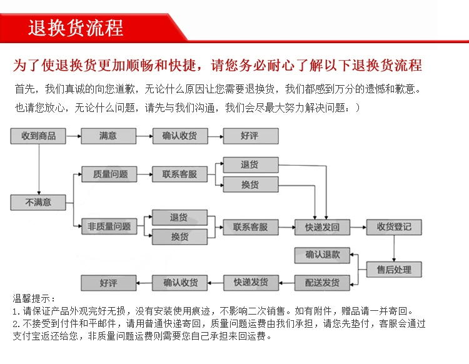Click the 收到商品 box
38,136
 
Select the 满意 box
108,136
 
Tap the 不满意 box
38,202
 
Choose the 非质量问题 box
109,226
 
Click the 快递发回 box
322,227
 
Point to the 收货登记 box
394,226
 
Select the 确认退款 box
323,255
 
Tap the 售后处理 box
394,270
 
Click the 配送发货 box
322,283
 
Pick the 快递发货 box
251,283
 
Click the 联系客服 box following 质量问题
179,174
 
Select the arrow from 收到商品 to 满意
73,136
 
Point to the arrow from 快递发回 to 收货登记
358,227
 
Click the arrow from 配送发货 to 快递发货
286,283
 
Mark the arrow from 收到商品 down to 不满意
39,169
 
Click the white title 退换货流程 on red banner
76,28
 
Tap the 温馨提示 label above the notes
34,298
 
